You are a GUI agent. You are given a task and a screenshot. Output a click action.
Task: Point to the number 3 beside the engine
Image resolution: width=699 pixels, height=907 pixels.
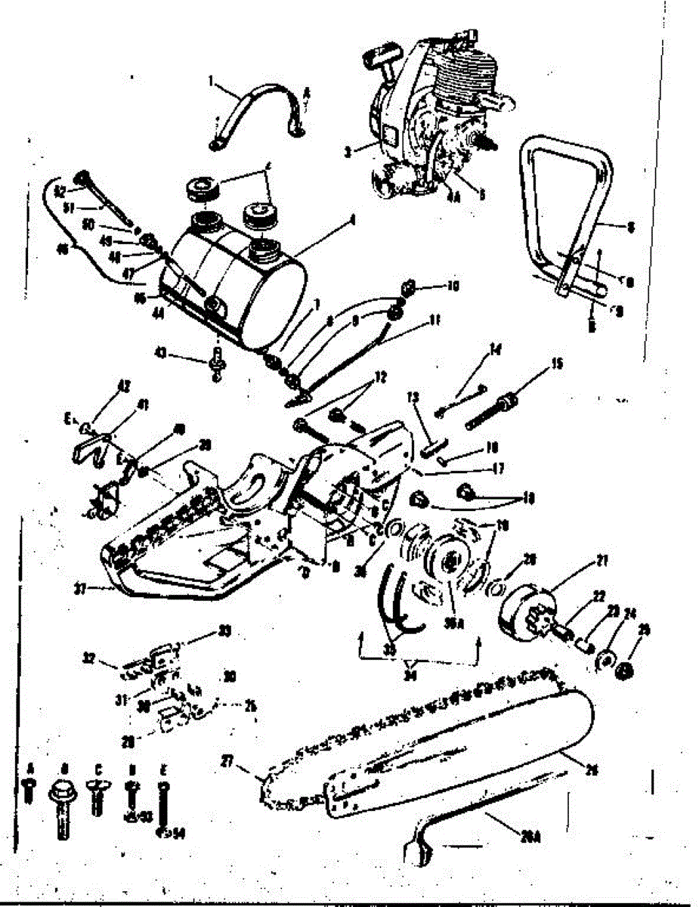(347, 151)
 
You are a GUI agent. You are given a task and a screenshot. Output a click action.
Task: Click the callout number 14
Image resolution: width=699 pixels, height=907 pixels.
(496, 350)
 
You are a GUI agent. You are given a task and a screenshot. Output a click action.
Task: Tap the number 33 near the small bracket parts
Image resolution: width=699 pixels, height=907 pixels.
(203, 632)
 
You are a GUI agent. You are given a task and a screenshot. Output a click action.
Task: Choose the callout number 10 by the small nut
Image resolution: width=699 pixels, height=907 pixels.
(453, 286)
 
